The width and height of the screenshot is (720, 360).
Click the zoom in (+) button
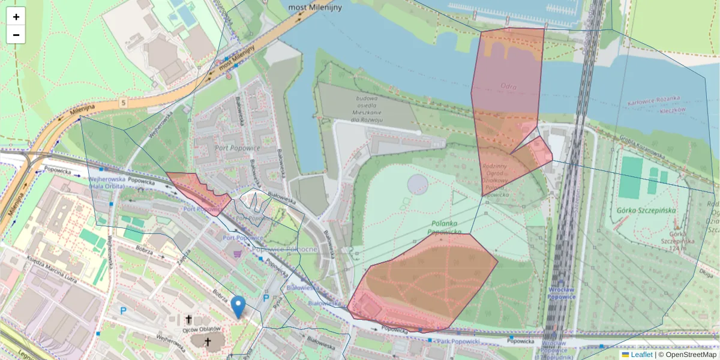(x=16, y=16)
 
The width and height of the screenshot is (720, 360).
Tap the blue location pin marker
(x=238, y=306)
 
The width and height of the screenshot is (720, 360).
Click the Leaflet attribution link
(x=641, y=355)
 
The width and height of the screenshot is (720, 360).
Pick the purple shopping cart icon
(x=238, y=254)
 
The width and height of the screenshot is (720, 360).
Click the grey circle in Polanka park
(x=418, y=184)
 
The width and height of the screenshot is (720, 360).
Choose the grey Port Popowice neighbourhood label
(x=225, y=148)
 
